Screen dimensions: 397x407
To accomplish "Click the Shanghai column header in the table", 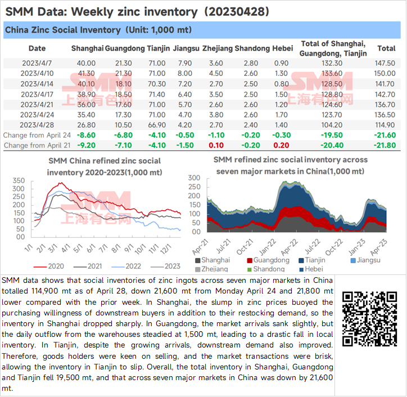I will (87, 48).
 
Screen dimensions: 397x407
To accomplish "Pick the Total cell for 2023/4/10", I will (386, 74).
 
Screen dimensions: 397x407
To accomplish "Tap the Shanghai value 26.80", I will (87, 125).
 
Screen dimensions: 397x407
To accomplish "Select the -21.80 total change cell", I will (385, 145).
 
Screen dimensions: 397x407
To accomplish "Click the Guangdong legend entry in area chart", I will (269, 260).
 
